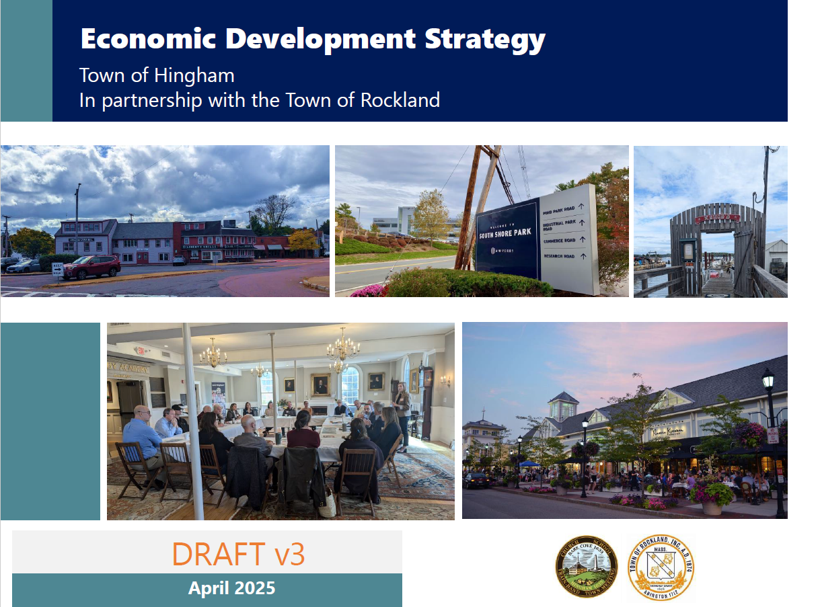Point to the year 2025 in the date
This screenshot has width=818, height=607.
[254, 588]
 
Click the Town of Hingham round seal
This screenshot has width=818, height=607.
[586, 567]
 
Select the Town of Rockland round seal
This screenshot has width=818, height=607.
[660, 567]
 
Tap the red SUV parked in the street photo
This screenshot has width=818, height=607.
[91, 266]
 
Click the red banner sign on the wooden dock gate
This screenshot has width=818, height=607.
[717, 218]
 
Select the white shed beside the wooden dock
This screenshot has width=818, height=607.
[776, 255]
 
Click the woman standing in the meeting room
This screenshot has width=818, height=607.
[403, 415]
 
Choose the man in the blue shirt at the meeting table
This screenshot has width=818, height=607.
[143, 437]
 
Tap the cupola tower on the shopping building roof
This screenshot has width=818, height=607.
[563, 407]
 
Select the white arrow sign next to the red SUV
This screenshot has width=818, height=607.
[58, 270]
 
